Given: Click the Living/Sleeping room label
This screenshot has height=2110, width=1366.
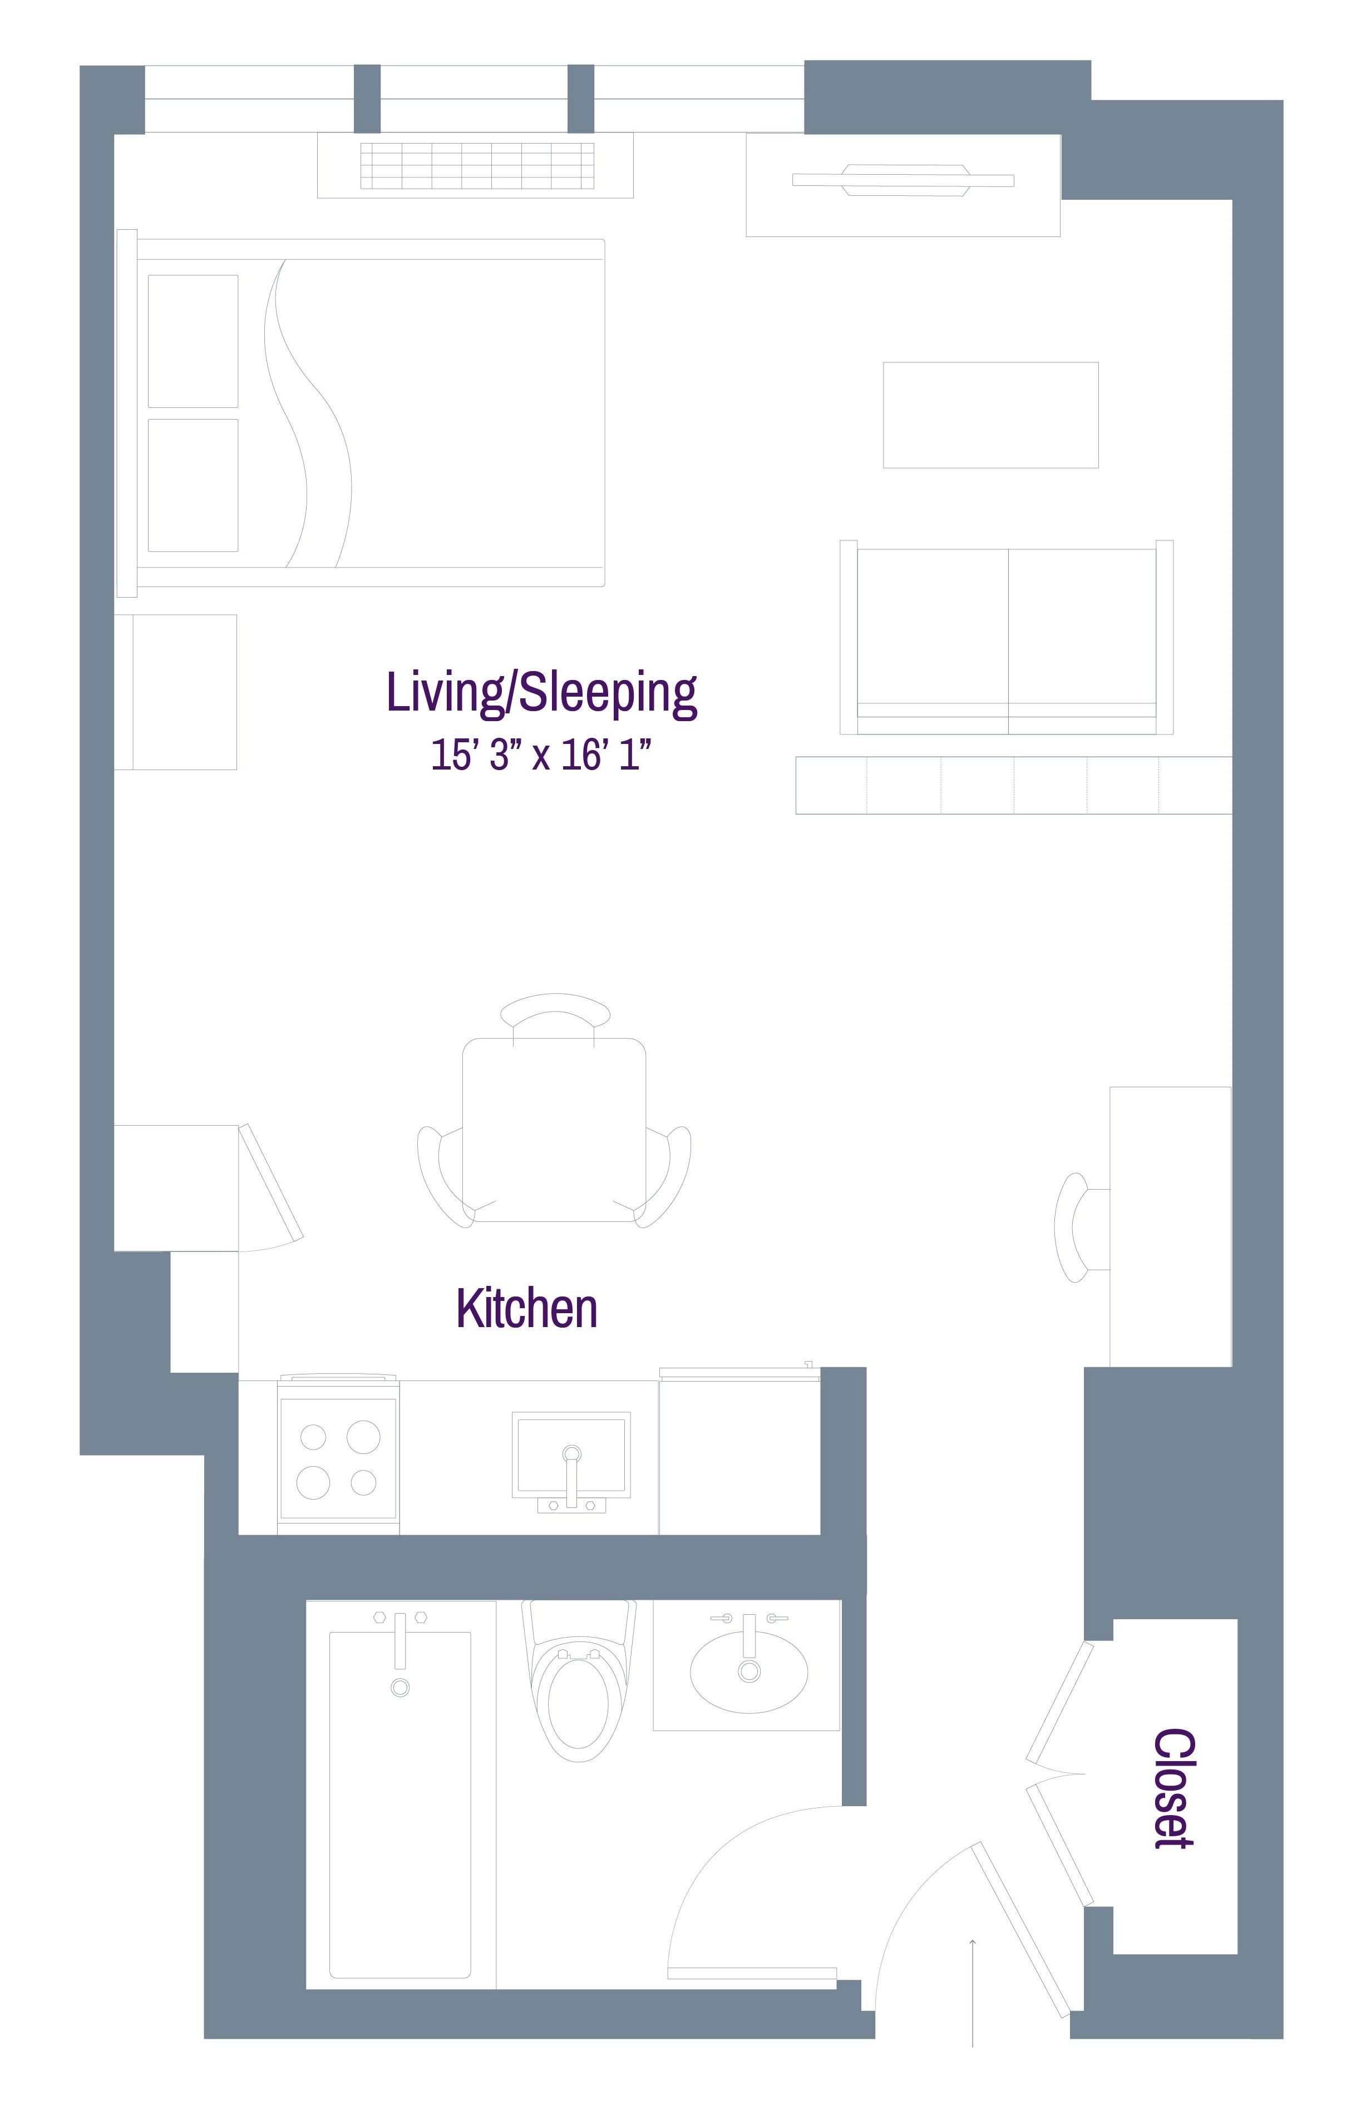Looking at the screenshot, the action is [541, 693].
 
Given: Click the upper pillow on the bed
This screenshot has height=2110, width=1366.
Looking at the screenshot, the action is [193, 341].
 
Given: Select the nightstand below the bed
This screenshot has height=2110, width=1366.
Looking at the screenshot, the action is [175, 692].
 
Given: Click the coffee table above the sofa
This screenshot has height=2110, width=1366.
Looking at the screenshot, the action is [990, 414].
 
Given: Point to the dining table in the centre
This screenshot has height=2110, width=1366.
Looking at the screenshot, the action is [554, 1128].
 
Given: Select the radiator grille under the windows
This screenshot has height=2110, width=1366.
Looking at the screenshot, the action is [477, 165].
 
